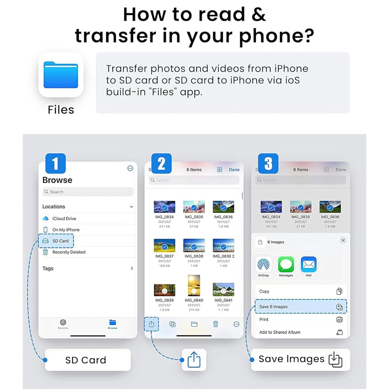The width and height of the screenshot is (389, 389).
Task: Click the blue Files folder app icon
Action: coord(61,75)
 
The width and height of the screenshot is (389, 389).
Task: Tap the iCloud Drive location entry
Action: coord(64,218)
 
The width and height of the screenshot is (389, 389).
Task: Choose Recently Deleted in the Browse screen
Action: coord(68,252)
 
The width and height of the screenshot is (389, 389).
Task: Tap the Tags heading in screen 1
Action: coord(48,269)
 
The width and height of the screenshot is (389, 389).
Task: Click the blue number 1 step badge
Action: coord(55,164)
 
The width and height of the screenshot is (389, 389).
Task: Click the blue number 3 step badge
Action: coord(268,164)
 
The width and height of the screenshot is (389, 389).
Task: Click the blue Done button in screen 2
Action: coord(234,170)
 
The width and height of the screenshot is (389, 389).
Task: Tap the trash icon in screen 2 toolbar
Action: coord(215,324)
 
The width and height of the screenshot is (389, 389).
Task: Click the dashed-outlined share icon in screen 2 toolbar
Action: coord(152,324)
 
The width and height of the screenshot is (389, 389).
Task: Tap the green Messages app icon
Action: coord(286,264)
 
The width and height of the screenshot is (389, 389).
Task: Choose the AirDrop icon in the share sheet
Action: coord(263,264)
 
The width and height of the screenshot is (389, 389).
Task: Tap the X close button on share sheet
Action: coord(343,240)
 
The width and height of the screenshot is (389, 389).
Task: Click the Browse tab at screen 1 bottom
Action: coord(112,324)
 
